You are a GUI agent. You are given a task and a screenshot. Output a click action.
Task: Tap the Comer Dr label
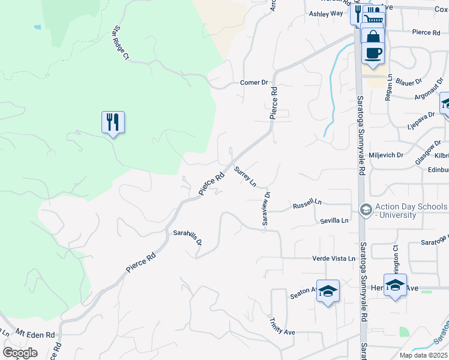click(253, 82)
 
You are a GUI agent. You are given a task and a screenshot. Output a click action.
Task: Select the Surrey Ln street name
click(246, 176)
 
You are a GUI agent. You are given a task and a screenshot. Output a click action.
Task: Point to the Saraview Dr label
click(267, 209)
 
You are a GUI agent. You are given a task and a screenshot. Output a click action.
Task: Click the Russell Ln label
click(307, 205)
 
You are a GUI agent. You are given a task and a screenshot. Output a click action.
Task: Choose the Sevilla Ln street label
click(334, 221)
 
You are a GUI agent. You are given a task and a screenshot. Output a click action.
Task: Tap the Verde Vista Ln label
click(334, 259)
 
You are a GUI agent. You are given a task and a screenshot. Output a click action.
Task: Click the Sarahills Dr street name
click(187, 238)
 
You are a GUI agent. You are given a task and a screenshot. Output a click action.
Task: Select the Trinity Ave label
click(282, 327)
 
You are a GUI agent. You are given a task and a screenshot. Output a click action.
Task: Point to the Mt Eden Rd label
click(35, 334)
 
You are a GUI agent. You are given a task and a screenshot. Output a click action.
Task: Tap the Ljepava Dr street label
click(421, 119)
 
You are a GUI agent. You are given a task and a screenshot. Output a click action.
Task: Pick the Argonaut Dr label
click(430, 92)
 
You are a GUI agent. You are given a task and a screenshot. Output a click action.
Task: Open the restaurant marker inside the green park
click(113, 122)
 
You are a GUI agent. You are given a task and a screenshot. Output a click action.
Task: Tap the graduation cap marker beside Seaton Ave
click(328, 292)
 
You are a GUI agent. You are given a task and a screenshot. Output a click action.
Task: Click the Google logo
click(20, 352)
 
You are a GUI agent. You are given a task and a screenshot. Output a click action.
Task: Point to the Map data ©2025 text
click(423, 355)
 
